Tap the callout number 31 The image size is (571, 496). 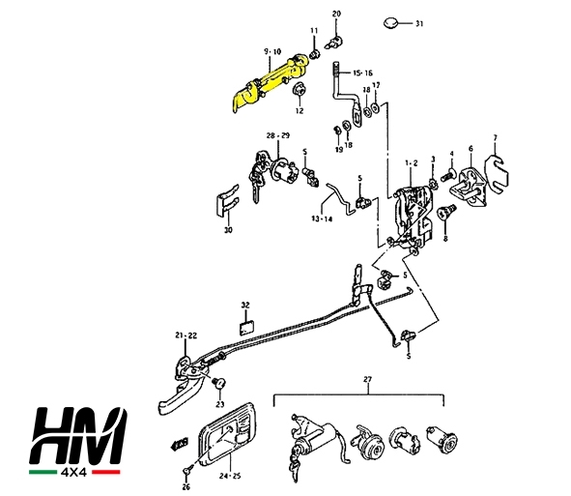pos(419,24)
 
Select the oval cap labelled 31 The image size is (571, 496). pos(390,22)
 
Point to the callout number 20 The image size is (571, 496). pos(336,14)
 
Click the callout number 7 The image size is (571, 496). pos(495,137)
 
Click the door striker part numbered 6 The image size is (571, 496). pos(469,188)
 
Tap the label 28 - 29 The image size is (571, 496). pos(278,135)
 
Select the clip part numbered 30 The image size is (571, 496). pos(227,201)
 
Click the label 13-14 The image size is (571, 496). pos(322,219)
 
